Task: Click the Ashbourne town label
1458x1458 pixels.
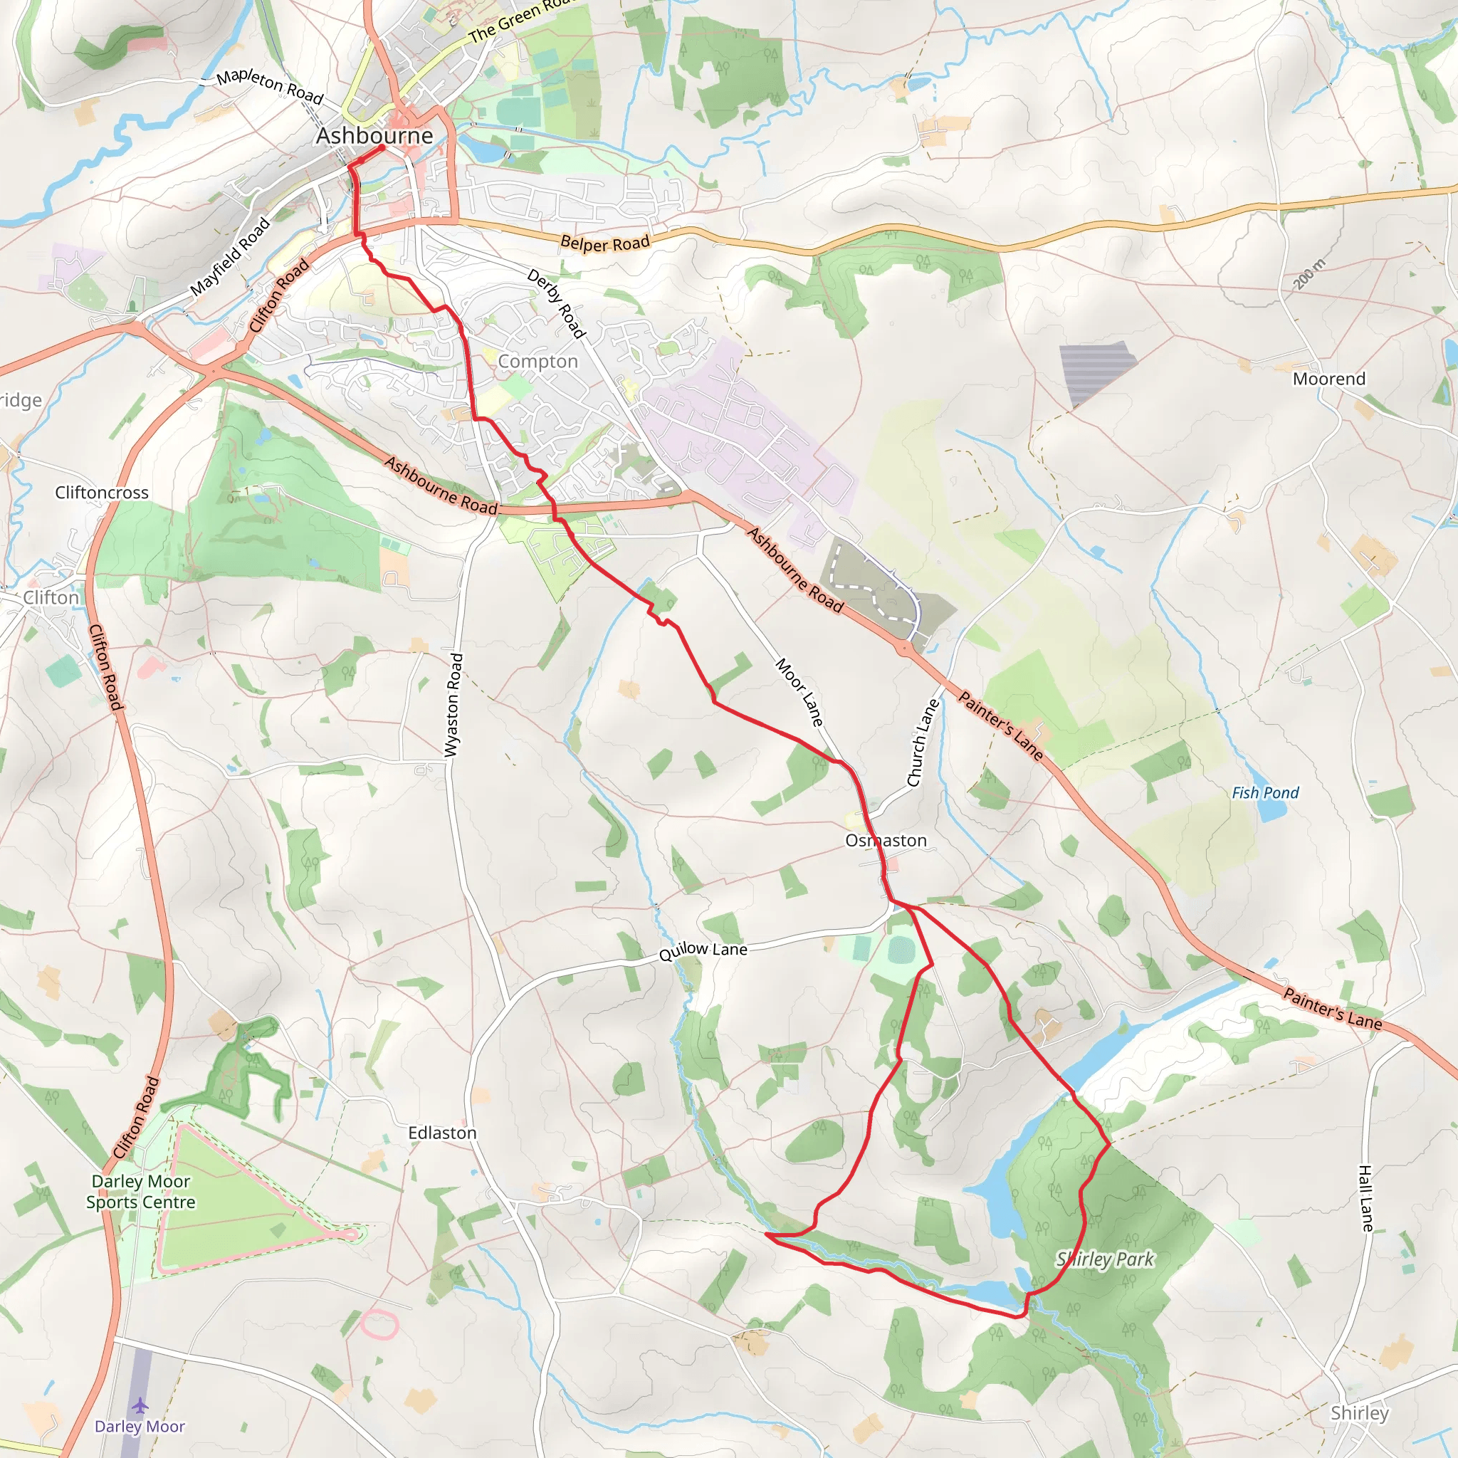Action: [x=374, y=136]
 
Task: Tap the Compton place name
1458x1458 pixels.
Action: [x=538, y=362]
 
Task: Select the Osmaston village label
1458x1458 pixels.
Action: [x=886, y=841]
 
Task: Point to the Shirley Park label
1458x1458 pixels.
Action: [x=1106, y=1259]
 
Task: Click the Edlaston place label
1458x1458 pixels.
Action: [x=442, y=1133]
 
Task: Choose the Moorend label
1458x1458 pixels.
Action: [x=1329, y=379]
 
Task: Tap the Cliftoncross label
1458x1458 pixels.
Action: [x=102, y=493]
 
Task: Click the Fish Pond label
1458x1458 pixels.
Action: [x=1266, y=792]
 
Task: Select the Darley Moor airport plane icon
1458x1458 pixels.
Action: [x=140, y=1406]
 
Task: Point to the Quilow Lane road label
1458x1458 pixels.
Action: [x=703, y=951]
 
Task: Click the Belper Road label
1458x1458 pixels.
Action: [x=605, y=243]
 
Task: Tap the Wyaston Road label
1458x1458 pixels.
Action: [x=453, y=705]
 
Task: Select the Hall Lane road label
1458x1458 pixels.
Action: [x=1366, y=1198]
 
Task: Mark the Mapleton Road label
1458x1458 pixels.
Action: [x=269, y=87]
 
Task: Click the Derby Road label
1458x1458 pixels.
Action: [x=556, y=304]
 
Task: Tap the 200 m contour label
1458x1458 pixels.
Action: [x=1309, y=274]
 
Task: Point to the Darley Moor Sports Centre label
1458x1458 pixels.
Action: [x=140, y=1192]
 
